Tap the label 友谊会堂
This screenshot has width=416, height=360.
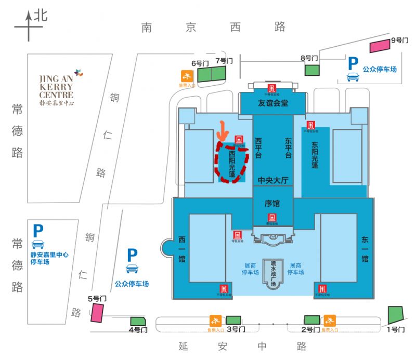tap(273, 103)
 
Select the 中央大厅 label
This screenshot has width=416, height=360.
tap(273, 180)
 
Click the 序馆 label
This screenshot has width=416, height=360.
tap(272, 204)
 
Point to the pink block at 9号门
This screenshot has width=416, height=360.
tap(380, 46)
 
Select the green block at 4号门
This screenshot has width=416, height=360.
tap(138, 322)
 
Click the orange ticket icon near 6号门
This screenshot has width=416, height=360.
tap(186, 76)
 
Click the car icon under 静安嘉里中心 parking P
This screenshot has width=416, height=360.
tap(38, 244)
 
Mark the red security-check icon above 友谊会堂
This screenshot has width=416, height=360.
tap(272, 89)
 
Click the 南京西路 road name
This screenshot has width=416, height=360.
tap(213, 27)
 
